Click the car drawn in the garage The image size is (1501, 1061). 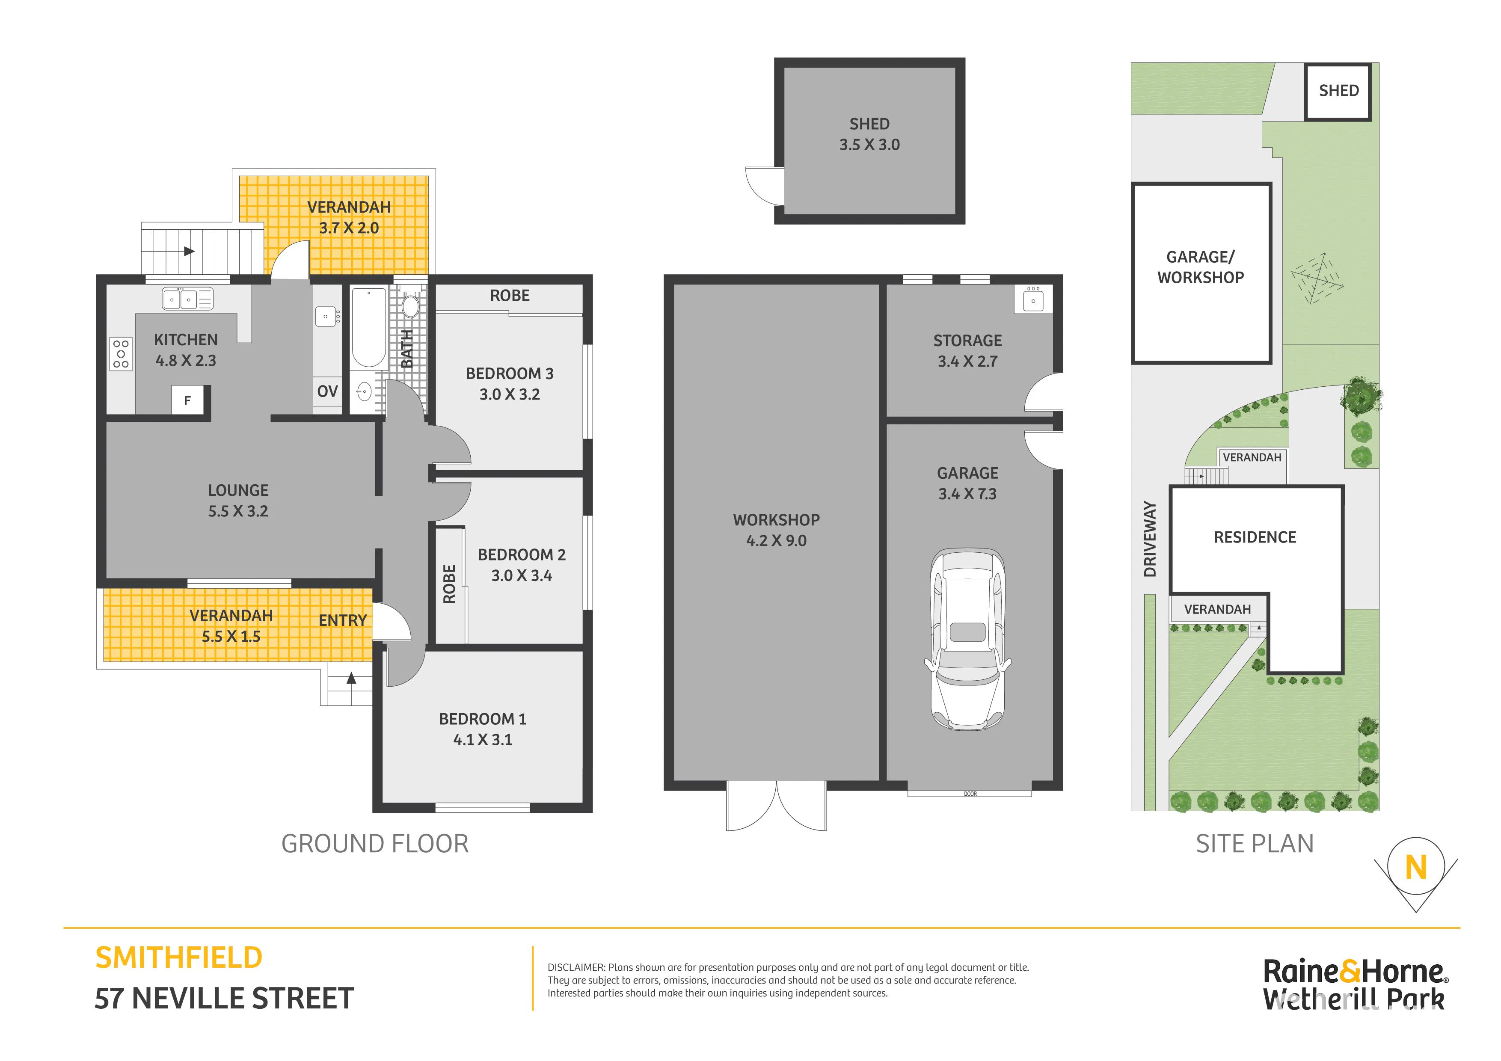coord(967,639)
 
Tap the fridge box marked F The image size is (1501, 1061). coord(187,400)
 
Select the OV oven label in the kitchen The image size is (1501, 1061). coord(327,391)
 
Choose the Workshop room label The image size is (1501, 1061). coord(776,520)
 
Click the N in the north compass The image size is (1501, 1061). coord(1416,868)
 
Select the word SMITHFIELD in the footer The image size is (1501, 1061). coord(178,958)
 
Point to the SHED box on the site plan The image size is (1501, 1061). coord(1338,92)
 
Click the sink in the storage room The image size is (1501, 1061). coord(1033,299)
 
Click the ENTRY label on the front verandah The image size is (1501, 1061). coord(343,620)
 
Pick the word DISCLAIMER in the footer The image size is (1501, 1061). coord(577,967)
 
